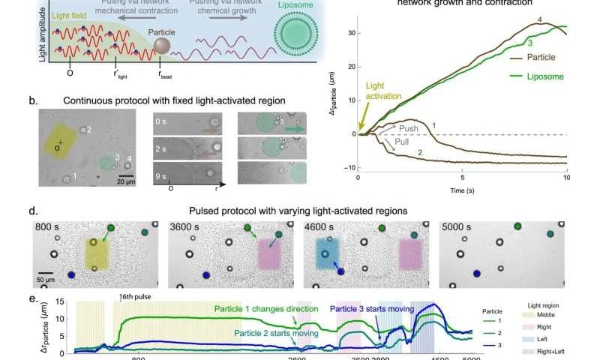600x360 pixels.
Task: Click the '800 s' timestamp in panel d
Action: click(x=50, y=227)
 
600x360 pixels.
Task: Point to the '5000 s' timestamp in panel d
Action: click(x=459, y=227)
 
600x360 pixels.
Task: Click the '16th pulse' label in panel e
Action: click(x=136, y=296)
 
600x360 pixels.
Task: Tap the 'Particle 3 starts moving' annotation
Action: click(x=373, y=310)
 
